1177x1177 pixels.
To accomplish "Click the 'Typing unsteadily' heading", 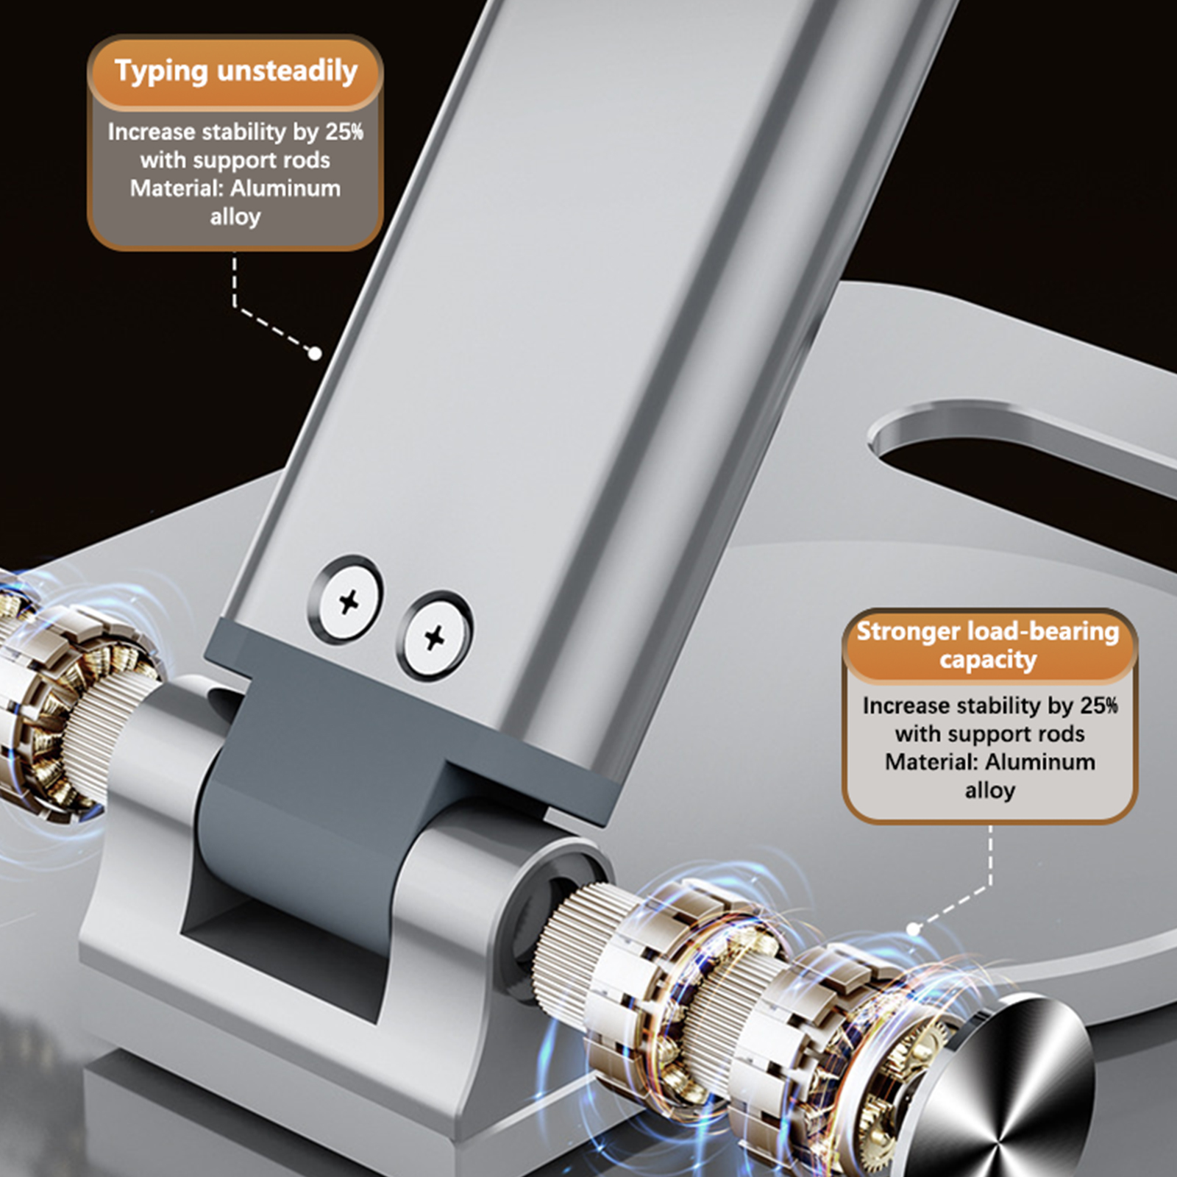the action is click(x=235, y=72).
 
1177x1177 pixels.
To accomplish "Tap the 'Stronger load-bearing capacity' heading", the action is click(x=988, y=645).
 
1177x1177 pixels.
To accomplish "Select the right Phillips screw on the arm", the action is click(x=435, y=636).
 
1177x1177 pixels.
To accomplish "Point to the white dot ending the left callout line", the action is click(x=315, y=354).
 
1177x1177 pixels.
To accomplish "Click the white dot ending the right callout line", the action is click(x=914, y=929).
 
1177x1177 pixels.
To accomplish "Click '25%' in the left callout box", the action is click(x=344, y=132).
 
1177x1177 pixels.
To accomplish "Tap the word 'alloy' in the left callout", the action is click(x=235, y=217).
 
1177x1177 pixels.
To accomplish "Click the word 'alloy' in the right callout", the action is click(x=990, y=791).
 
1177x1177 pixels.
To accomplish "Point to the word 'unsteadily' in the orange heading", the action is click(x=287, y=72).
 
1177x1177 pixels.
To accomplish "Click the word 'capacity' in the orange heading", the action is click(x=988, y=660).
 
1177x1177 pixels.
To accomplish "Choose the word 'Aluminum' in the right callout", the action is click(x=1040, y=761).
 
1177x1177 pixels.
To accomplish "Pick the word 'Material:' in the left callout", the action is click(x=177, y=188).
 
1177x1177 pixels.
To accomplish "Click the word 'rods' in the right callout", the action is click(x=1059, y=733).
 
